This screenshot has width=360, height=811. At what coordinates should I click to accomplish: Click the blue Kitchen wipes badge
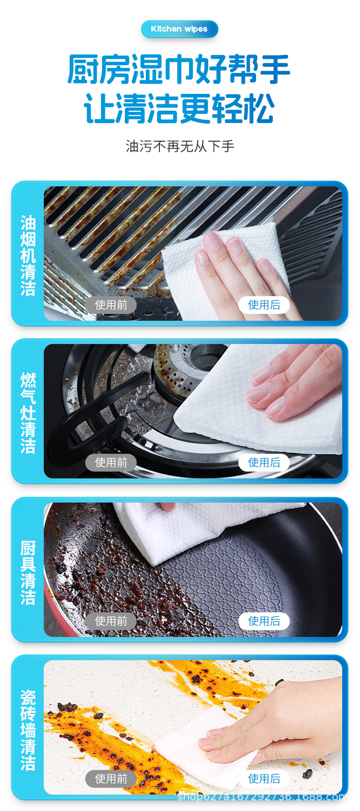pyautogui.click(x=180, y=29)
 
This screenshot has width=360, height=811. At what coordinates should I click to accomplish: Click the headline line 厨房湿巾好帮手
pyautogui.click(x=179, y=69)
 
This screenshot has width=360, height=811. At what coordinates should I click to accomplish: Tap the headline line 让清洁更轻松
pyautogui.click(x=179, y=108)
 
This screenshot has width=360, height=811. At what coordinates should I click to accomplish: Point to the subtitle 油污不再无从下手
pyautogui.click(x=180, y=146)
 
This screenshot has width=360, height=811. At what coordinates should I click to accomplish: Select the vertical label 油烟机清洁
pyautogui.click(x=28, y=256)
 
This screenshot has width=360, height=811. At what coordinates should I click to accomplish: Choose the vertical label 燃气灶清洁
pyautogui.click(x=28, y=413)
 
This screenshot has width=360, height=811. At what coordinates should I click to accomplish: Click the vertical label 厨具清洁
pyautogui.click(x=28, y=573)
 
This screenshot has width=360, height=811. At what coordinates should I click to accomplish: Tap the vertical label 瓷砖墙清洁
pyautogui.click(x=28, y=730)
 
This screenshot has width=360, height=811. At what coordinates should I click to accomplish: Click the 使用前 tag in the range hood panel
pyautogui.click(x=111, y=305)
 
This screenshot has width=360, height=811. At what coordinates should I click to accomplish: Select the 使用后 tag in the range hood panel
pyautogui.click(x=264, y=305)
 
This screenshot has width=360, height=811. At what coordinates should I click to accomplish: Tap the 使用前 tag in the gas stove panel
pyautogui.click(x=111, y=462)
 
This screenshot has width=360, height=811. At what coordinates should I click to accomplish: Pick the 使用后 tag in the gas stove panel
pyautogui.click(x=264, y=462)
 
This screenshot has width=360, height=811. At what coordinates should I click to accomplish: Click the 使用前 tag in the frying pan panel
pyautogui.click(x=111, y=621)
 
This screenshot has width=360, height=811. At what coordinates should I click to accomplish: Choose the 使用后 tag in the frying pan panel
pyautogui.click(x=264, y=621)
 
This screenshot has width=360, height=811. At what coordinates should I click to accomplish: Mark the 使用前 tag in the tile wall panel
pyautogui.click(x=111, y=779)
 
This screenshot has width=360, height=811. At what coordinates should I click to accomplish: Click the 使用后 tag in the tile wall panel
pyautogui.click(x=264, y=779)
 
